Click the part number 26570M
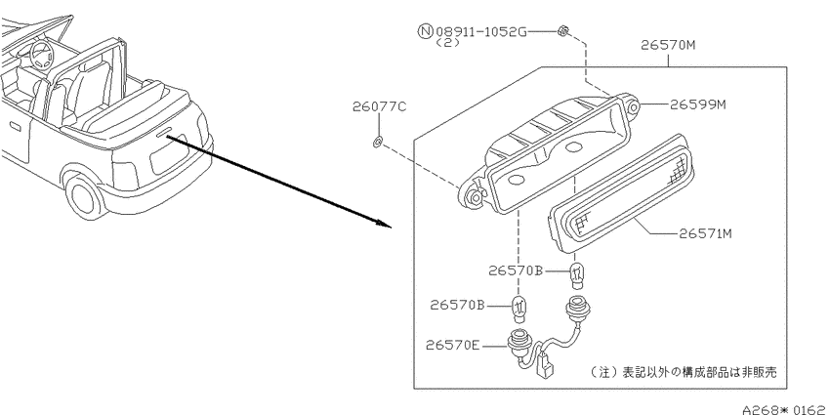click(668, 45)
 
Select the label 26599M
click(697, 104)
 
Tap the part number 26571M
click(705, 233)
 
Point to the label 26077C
click(380, 106)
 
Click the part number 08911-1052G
click(481, 32)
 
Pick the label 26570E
click(452, 346)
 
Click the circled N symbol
click(426, 31)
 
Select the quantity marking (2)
click(447, 43)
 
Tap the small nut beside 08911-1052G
click(562, 31)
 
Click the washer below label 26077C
click(378, 142)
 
